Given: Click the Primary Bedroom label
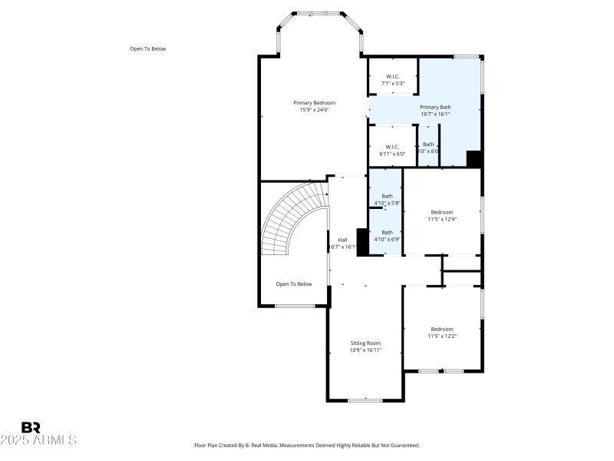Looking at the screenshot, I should [x=314, y=102].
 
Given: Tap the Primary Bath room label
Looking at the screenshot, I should [x=434, y=107].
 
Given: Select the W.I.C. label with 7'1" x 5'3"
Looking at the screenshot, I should [x=392, y=76].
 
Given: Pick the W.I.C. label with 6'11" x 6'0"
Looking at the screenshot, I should [x=392, y=147].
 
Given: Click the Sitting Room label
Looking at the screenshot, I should [x=365, y=343].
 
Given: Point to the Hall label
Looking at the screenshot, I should [x=342, y=240].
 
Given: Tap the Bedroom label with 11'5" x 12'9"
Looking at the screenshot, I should [x=441, y=212].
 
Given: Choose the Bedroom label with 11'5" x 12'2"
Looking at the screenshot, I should [x=441, y=329].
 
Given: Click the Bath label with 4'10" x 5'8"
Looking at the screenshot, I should [x=387, y=196].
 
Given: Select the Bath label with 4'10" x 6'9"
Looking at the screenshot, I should [x=387, y=232].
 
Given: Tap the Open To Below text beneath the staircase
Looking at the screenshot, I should [x=294, y=284].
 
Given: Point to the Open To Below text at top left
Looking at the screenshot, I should [x=147, y=48].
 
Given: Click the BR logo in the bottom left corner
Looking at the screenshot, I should [x=31, y=427].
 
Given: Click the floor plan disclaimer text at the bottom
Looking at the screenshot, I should [x=307, y=445].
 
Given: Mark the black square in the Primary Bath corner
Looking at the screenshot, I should [x=474, y=159].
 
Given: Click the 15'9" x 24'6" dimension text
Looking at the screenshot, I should [x=314, y=110].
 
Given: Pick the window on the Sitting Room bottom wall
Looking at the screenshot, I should [x=365, y=400].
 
